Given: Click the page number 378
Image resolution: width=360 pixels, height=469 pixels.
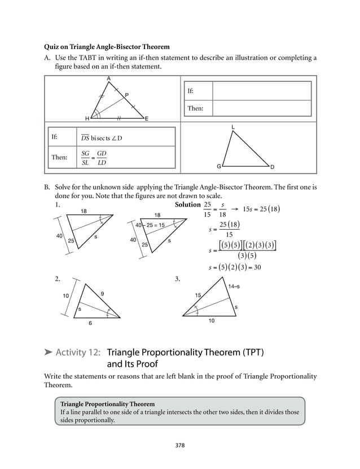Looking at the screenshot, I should point(180,445).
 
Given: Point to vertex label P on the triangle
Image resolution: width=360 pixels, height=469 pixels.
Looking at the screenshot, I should point(126,94).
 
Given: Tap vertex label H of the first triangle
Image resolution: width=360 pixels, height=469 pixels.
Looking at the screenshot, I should point(87,119).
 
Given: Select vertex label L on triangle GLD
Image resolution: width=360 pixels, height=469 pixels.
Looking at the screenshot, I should point(233,128).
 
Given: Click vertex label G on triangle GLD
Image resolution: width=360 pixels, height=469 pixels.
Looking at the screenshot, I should point(218,167).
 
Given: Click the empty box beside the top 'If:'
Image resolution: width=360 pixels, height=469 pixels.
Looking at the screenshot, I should point(262,90).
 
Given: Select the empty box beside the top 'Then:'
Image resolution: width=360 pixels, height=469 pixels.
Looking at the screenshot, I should point(262,108).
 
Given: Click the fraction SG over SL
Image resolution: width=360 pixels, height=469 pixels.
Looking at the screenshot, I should point(85,158).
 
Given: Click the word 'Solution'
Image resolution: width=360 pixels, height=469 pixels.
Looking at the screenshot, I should point(188,204).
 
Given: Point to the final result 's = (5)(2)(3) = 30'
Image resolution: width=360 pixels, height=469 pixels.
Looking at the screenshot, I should point(234,268).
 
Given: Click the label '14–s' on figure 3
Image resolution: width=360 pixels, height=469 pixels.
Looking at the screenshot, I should point(234,287).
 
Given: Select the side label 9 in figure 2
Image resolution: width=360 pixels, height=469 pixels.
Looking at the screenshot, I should point(102,293).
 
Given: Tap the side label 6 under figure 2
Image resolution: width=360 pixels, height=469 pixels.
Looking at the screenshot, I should point(90,323).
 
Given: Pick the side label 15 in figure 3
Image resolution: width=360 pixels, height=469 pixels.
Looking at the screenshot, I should point(198,295).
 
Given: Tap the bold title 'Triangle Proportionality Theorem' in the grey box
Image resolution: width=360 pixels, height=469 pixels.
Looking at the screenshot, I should point(107,404).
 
